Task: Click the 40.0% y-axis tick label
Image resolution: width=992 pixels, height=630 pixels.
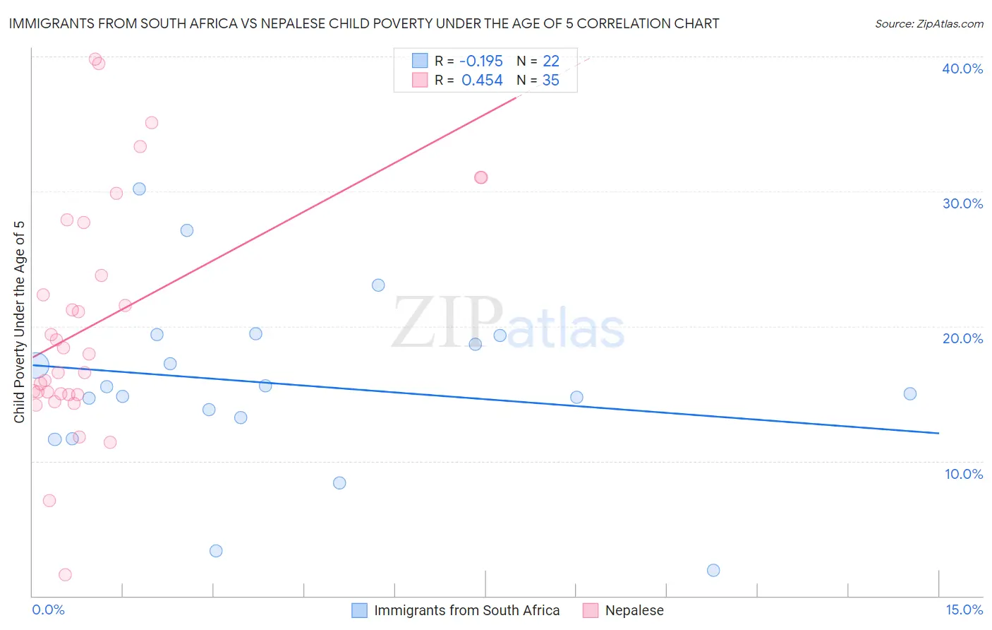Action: (x=962, y=69)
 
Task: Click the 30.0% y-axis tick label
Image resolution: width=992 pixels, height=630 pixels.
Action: (x=962, y=203)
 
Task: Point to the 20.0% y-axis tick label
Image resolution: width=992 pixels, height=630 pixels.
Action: (x=962, y=338)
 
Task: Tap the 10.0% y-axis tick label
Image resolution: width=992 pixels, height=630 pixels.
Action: (x=964, y=474)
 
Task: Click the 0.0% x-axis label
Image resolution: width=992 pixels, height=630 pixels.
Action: (x=48, y=610)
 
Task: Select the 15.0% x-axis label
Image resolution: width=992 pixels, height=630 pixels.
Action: (x=964, y=610)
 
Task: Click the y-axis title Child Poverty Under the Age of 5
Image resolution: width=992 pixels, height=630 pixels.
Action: (x=20, y=322)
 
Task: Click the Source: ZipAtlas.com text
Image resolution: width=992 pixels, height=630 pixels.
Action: (x=929, y=24)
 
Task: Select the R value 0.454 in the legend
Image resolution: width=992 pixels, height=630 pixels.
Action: (x=482, y=81)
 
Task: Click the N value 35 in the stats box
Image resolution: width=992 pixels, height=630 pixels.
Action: (x=550, y=81)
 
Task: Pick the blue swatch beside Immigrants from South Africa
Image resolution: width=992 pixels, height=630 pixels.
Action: (x=360, y=610)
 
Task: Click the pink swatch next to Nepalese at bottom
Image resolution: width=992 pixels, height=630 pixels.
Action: (x=591, y=610)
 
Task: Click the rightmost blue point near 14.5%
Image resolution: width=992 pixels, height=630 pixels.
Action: (x=910, y=394)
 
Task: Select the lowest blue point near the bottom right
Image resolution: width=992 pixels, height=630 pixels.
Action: (x=713, y=570)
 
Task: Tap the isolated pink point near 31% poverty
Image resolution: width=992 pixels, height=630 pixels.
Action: (x=481, y=177)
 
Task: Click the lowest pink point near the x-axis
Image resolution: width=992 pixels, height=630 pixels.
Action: (x=65, y=574)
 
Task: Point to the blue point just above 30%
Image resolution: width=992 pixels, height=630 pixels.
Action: (x=139, y=189)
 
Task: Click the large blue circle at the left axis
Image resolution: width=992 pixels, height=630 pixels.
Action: (x=37, y=366)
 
